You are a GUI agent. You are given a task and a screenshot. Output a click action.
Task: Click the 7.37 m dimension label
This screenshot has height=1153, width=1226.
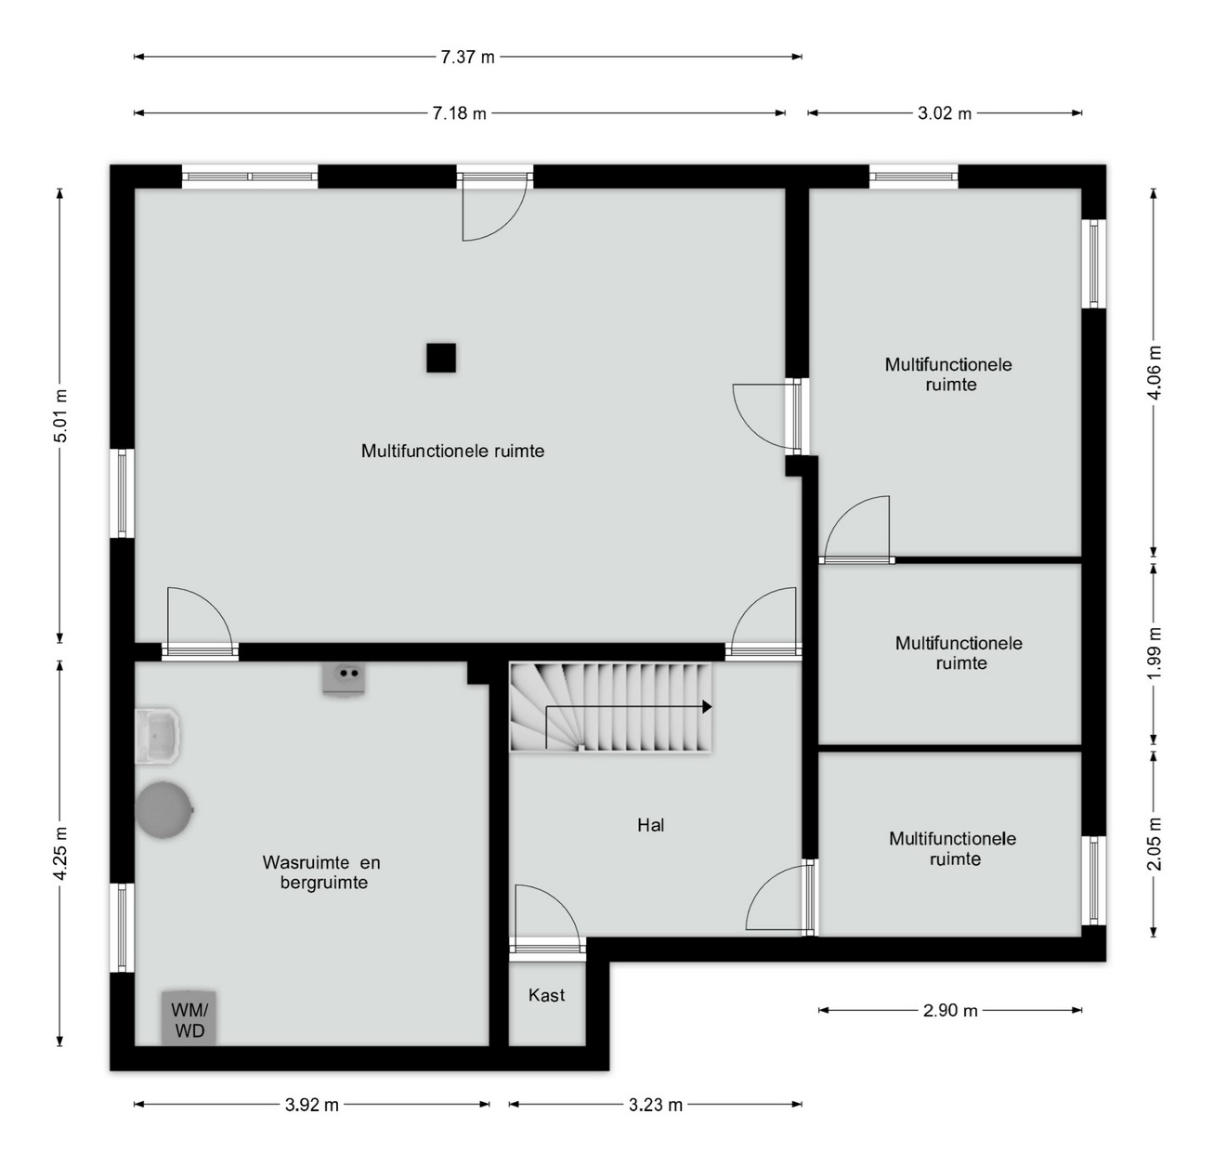click(467, 58)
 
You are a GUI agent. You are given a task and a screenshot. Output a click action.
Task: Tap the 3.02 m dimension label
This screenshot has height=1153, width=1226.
click(945, 113)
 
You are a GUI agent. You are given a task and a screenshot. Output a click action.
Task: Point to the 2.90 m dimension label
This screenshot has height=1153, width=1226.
click(950, 1010)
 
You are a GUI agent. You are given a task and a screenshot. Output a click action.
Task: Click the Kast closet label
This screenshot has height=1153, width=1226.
click(546, 995)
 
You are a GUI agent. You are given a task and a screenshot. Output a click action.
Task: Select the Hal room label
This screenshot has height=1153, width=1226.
click(651, 824)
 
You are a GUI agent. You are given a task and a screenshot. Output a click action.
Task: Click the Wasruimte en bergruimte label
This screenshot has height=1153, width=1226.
click(321, 871)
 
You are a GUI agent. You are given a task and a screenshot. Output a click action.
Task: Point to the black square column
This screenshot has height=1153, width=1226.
click(441, 359)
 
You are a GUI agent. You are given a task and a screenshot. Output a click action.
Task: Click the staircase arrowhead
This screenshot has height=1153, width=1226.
click(708, 707)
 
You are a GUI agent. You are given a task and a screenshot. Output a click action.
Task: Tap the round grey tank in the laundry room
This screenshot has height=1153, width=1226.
click(164, 810)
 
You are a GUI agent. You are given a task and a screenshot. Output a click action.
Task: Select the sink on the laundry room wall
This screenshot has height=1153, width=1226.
click(157, 737)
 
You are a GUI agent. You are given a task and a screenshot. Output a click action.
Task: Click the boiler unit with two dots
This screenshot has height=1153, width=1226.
click(344, 679)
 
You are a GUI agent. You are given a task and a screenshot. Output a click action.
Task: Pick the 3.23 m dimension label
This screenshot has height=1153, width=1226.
click(656, 1105)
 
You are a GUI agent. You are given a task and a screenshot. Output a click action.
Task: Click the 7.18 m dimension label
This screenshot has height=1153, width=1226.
click(459, 113)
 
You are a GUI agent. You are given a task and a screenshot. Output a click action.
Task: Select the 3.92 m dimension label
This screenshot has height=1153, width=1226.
click(312, 1105)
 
